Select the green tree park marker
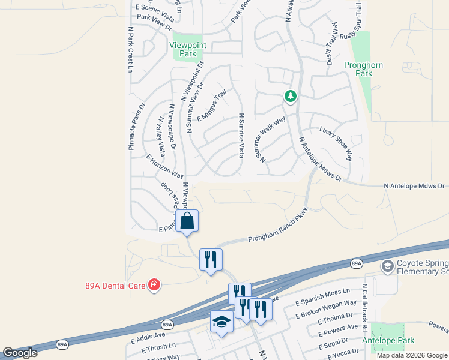291,97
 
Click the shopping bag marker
187,220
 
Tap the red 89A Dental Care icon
154,284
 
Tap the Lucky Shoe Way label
336,143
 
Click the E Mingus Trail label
211,105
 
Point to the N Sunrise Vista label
241,136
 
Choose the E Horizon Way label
165,166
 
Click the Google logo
20,353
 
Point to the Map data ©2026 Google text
412,355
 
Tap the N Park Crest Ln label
130,49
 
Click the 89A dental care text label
115,285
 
